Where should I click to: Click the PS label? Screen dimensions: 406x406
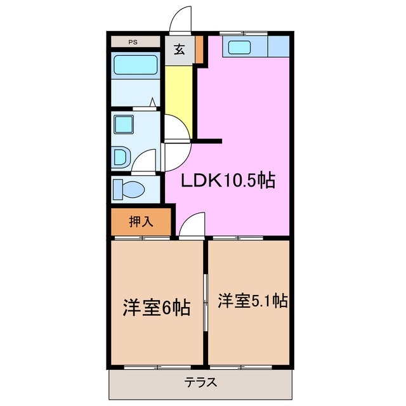point(133,43)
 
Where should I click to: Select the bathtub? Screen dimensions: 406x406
point(134,65)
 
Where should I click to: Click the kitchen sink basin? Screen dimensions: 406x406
point(239,46)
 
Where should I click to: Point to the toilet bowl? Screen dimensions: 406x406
point(133,188)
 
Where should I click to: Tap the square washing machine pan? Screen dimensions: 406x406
point(124,124)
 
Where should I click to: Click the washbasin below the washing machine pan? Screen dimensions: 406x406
point(121,155)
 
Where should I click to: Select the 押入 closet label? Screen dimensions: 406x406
point(140,221)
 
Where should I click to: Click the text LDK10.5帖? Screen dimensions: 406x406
point(228,181)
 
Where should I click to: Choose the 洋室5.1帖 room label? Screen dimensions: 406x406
point(252,300)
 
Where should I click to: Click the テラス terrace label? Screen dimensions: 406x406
point(202,383)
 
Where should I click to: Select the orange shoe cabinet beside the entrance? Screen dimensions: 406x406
point(199,49)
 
